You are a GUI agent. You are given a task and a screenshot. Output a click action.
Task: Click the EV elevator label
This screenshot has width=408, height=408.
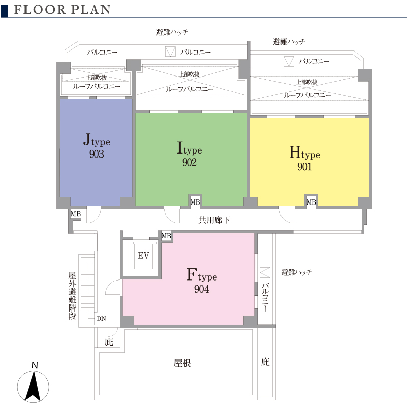click(143, 256)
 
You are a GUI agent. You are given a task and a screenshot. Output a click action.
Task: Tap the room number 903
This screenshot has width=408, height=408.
click(96, 154)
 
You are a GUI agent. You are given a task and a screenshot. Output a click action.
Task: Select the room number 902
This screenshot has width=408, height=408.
click(189, 162)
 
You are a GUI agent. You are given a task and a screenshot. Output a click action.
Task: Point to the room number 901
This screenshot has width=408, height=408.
click(304, 167)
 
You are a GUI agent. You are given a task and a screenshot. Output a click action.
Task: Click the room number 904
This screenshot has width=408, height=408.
click(201, 289)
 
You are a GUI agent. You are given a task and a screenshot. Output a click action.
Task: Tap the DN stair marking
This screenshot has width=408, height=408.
click(101, 319)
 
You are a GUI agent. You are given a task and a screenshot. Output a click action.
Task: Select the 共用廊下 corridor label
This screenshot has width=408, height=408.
click(214, 220)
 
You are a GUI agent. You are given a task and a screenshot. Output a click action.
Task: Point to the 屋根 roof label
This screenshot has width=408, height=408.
click(182, 363)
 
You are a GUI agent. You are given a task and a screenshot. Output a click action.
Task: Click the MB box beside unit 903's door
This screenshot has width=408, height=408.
click(75, 214)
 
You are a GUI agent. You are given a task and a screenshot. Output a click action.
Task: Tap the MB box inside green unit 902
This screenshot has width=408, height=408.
click(195, 202)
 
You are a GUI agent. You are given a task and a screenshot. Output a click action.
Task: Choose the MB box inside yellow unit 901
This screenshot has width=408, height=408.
click(311, 202)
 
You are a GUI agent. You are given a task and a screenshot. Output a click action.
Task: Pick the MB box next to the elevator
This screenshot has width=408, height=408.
click(166, 236)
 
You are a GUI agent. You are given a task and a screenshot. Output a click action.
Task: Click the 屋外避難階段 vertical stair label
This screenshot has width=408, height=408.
click(72, 296)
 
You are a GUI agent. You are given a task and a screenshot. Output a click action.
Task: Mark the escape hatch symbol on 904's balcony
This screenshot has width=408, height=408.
click(265, 272)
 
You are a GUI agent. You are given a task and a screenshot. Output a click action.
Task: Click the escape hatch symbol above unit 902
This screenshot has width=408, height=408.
click(170, 52)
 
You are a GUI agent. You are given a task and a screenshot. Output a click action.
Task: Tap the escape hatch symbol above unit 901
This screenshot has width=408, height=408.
click(289, 61)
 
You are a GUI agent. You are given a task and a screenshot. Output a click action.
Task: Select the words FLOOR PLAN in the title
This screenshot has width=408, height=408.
click(62, 10)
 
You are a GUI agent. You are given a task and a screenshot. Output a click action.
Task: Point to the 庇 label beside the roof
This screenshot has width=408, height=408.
click(265, 362)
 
